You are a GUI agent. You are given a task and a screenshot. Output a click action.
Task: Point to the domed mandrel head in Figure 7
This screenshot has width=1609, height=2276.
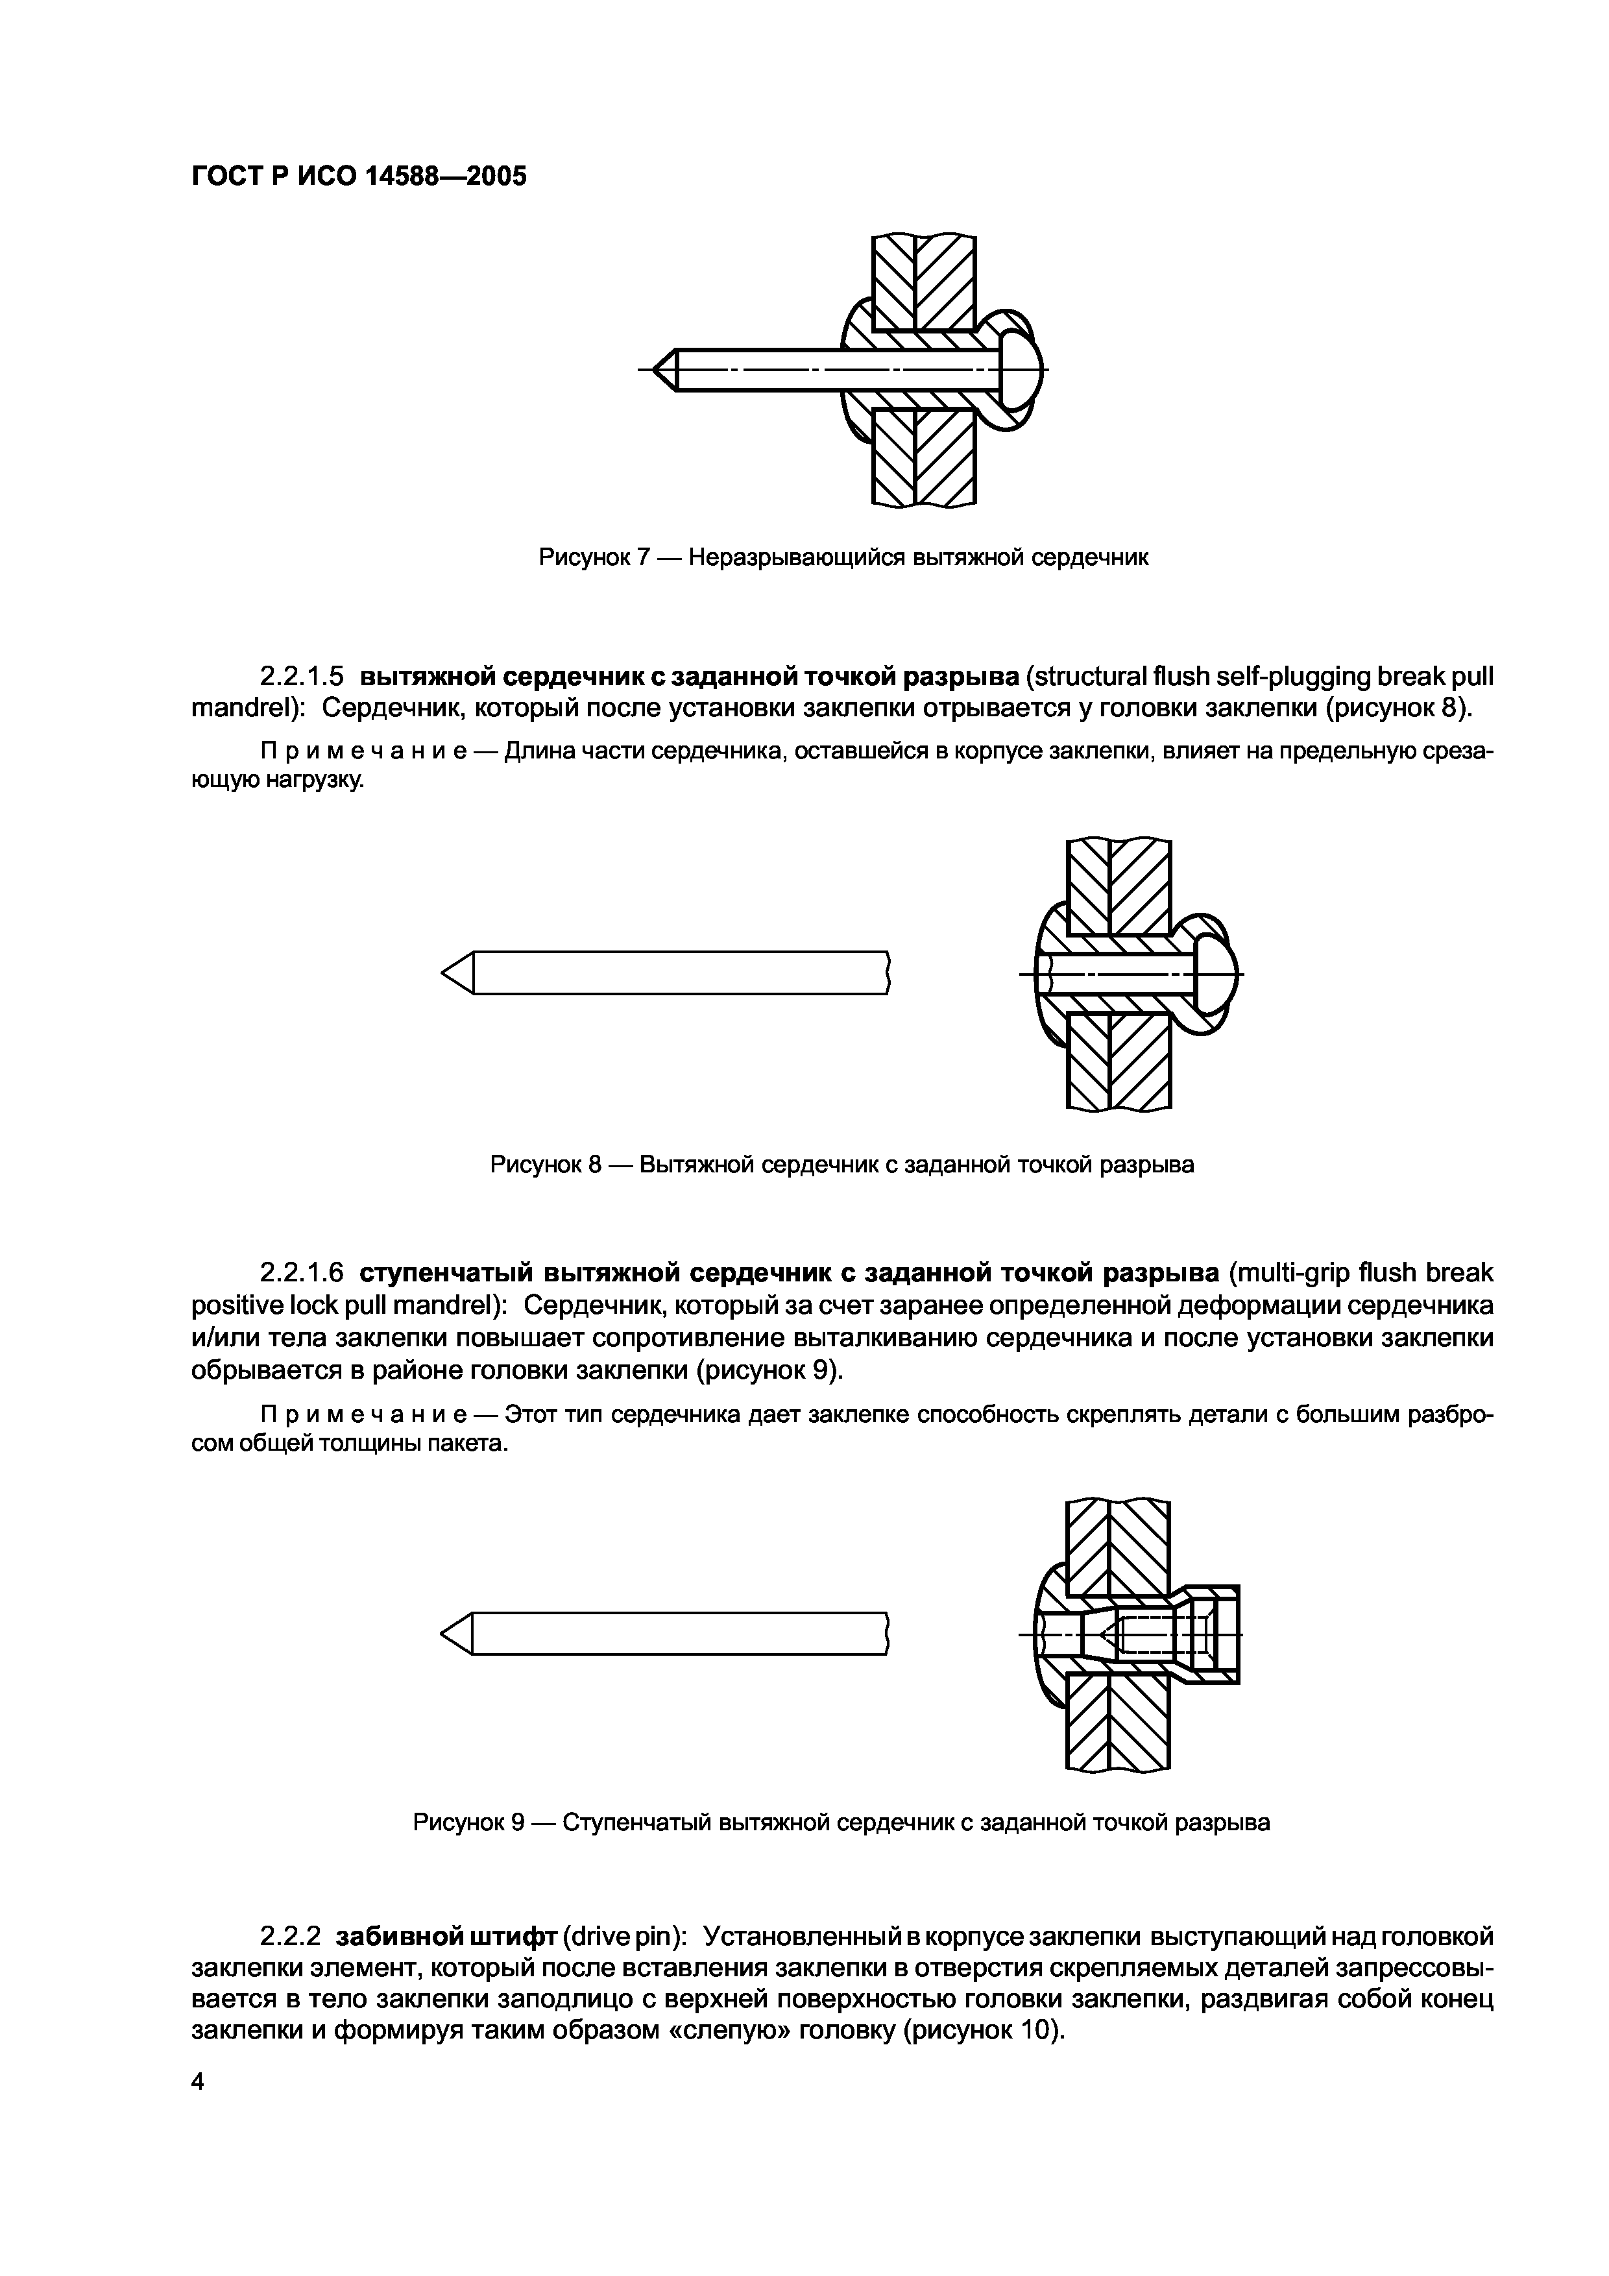(1022, 370)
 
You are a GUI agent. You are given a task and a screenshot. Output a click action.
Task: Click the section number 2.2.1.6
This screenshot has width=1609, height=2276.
(302, 1272)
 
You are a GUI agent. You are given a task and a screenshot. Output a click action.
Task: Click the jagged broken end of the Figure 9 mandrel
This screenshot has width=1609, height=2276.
(886, 1632)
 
